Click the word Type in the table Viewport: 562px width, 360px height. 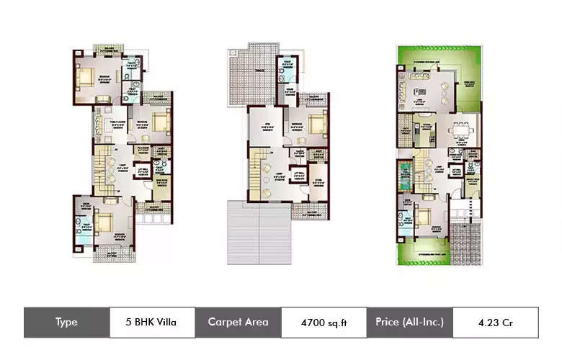(66, 323)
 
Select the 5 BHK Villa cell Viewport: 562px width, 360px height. (153, 323)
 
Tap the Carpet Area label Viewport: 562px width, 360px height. (238, 323)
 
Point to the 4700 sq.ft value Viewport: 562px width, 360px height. (324, 323)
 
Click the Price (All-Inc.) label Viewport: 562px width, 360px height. (409, 323)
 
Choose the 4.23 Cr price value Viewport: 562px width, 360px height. (495, 323)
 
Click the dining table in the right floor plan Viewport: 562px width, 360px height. (459, 132)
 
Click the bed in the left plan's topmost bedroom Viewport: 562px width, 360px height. (89, 78)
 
